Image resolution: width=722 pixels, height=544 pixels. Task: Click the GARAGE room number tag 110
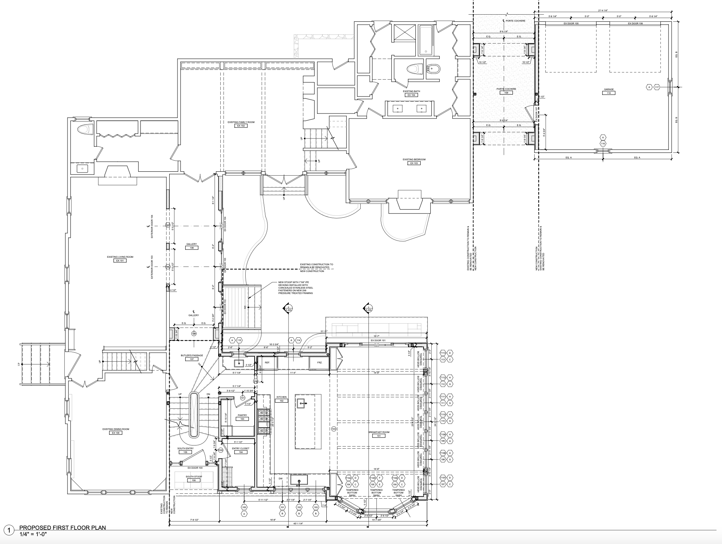[608, 93]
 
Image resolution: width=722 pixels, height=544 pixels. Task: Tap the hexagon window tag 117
[657, 87]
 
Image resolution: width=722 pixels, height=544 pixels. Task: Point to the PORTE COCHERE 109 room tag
[506, 92]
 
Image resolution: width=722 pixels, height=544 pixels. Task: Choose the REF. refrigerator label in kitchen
[267, 362]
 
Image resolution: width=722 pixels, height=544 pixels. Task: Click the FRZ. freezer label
[320, 362]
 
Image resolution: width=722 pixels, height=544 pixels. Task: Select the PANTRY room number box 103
[242, 419]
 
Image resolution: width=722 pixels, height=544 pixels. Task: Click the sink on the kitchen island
[301, 403]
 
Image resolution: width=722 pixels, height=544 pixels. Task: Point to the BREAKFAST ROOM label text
[378, 432]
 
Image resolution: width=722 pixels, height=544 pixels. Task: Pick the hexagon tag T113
[443, 353]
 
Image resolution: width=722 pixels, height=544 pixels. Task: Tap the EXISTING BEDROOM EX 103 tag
[414, 163]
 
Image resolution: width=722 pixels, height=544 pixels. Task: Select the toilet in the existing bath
[413, 69]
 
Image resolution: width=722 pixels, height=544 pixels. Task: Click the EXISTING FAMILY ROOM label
[241, 122]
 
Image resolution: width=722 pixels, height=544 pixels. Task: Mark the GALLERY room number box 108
[192, 248]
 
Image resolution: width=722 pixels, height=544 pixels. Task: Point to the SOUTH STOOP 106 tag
[194, 480]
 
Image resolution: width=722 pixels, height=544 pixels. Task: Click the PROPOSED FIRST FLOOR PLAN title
[62, 528]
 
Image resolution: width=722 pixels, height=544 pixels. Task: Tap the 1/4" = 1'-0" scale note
[33, 534]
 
